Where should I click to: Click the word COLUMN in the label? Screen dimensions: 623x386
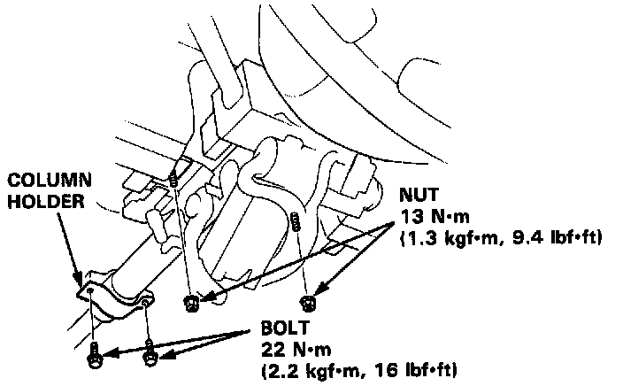41,182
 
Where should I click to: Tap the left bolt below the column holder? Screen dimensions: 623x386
94,358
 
